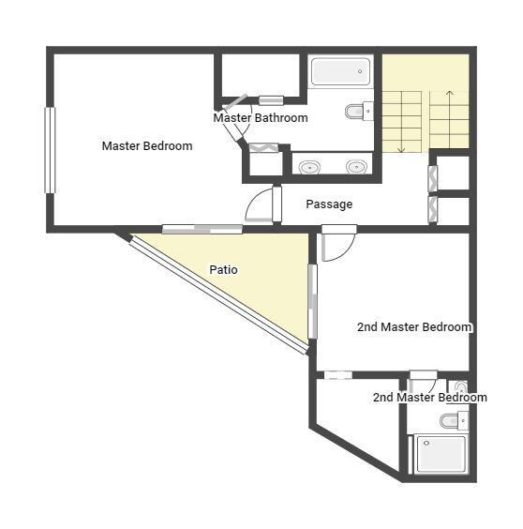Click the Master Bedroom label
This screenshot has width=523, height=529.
coord(147,146)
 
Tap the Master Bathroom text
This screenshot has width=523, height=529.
coord(261,118)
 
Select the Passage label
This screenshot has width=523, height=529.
coord(329,204)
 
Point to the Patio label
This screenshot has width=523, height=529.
coord(223,269)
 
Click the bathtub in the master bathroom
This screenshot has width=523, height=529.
coord(340,71)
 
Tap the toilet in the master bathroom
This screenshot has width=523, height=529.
coord(359,111)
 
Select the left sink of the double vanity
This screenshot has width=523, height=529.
coord(309,167)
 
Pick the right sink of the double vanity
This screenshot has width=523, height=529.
coord(356,167)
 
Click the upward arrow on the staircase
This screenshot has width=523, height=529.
coord(450,119)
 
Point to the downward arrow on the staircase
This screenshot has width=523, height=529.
coord(401,122)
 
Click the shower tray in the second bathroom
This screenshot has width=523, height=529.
coord(441,454)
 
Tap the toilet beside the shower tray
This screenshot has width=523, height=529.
coord(454,420)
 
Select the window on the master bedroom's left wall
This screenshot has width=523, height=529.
coord(50,150)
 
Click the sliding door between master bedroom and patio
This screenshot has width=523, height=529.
coord(202,229)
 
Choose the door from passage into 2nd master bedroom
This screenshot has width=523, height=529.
coord(338,243)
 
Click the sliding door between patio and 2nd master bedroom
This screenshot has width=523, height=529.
coord(313,301)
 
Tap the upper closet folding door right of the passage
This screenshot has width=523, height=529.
coord(433,178)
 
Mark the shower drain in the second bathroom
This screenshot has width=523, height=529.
coord(426,443)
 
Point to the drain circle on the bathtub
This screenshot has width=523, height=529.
coord(360,71)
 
